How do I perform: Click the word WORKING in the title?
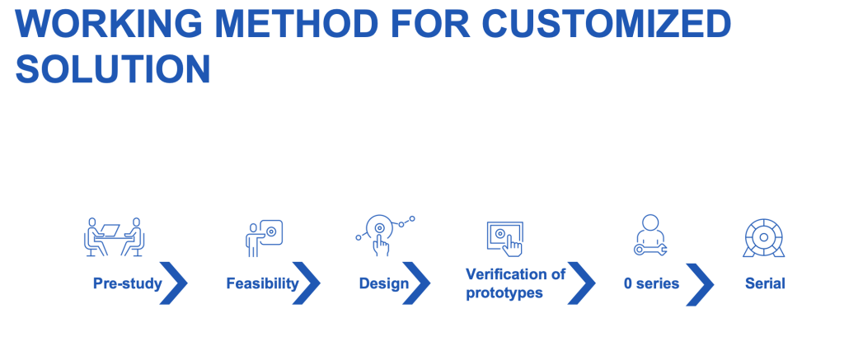pos(110,23)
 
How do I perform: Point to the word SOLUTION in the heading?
pos(112,69)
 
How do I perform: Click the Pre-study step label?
pos(128,283)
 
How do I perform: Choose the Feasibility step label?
pos(262,283)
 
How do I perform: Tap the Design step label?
pos(384,283)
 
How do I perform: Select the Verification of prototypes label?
pos(516,283)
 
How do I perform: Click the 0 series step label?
pos(651,283)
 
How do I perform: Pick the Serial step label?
pos(765,283)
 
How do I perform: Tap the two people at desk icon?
pos(114,236)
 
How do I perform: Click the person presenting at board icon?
pos(264,238)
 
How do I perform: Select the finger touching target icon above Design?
pos(386,235)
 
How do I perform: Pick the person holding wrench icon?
pos(650,235)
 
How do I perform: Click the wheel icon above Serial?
pos(763,237)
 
